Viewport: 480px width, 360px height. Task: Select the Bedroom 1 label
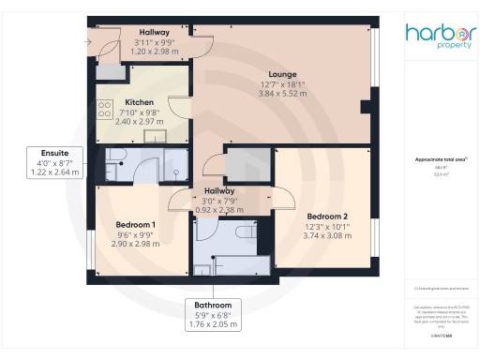tap(135, 225)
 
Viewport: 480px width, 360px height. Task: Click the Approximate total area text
tap(441, 160)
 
